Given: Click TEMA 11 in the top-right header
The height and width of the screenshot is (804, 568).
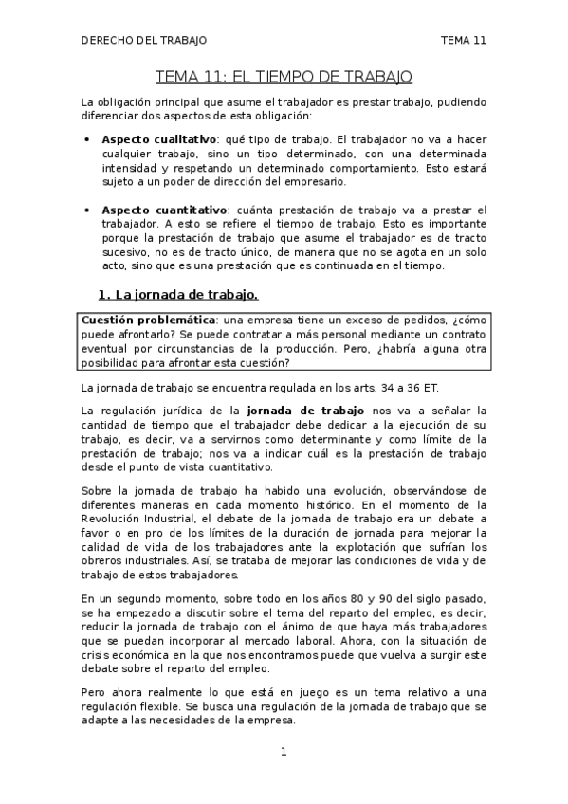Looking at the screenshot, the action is pos(464,41).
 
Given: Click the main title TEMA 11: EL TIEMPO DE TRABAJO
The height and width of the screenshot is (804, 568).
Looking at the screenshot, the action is pos(284,76).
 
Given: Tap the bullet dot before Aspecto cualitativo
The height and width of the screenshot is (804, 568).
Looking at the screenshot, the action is pos(87,139).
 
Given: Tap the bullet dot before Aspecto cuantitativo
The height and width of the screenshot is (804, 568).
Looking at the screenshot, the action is pos(87,210).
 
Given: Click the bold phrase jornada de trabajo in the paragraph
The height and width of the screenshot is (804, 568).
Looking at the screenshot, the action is pos(292,411).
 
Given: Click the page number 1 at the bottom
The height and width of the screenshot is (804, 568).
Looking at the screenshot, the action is pos(284,753).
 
